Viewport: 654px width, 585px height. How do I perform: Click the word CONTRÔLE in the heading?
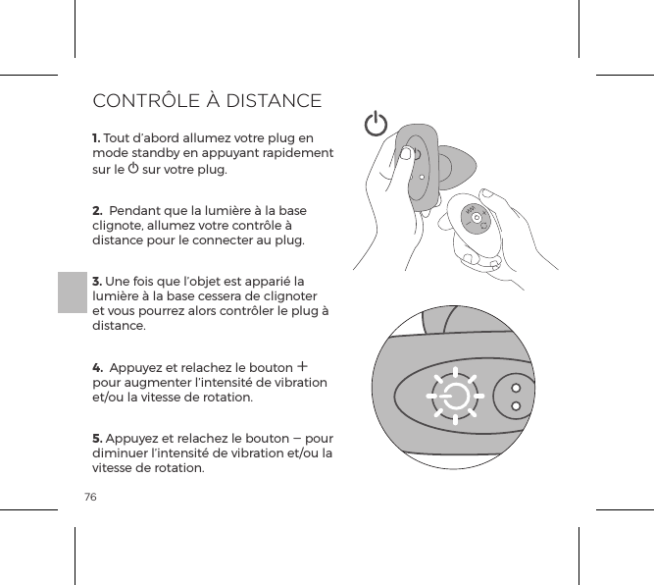point(148,101)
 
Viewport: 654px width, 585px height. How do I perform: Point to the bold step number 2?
point(97,211)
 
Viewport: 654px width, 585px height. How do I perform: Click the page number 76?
point(90,498)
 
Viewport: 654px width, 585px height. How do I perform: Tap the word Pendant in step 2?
point(140,211)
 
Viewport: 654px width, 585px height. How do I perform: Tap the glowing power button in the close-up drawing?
point(455,398)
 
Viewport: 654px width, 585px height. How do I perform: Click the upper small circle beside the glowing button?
point(515,386)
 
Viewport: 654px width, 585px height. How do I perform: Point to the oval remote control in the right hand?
point(477,220)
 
